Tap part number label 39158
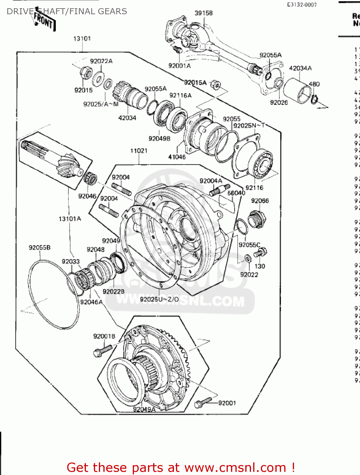point(203,13)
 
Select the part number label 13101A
point(70,218)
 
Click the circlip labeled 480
point(314,99)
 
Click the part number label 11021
point(139,150)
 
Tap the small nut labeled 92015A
point(216,85)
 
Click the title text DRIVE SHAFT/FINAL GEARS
point(67,11)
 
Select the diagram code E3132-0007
point(302,4)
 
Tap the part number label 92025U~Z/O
point(159,299)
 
